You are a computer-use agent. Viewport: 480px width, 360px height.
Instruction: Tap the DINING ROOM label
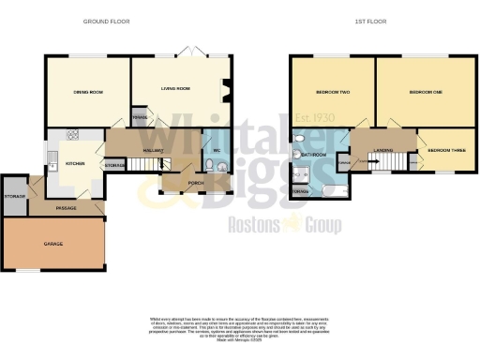86,92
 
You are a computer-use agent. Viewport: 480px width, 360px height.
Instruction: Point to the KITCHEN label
76,163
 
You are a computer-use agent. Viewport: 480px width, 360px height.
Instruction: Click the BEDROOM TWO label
332,93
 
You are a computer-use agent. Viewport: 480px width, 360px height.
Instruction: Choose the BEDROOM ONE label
426,92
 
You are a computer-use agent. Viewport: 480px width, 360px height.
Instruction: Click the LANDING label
382,149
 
